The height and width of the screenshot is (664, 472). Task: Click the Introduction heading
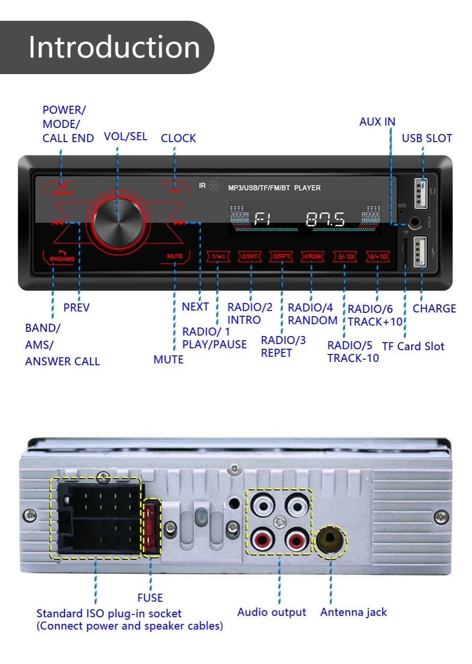114,47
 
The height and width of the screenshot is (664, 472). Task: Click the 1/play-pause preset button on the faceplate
218,256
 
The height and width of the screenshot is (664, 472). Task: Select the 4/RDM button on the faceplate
312,256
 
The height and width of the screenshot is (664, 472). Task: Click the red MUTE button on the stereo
175,256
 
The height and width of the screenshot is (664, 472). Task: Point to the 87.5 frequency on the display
325,219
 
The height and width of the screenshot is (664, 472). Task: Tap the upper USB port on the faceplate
421,193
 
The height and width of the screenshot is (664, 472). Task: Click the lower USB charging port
420,252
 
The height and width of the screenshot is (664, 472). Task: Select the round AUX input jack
414,222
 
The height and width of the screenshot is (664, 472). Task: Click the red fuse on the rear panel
152,527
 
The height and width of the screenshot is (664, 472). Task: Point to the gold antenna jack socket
330,541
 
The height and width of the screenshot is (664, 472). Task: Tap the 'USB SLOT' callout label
427,138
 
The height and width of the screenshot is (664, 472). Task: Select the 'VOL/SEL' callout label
126,136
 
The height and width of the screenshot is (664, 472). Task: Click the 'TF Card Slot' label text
413,346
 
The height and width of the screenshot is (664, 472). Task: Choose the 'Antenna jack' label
354,612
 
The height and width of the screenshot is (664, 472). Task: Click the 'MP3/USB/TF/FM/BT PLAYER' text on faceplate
274,188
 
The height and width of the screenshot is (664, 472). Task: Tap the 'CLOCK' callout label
178,138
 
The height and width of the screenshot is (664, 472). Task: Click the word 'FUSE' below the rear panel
150,598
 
